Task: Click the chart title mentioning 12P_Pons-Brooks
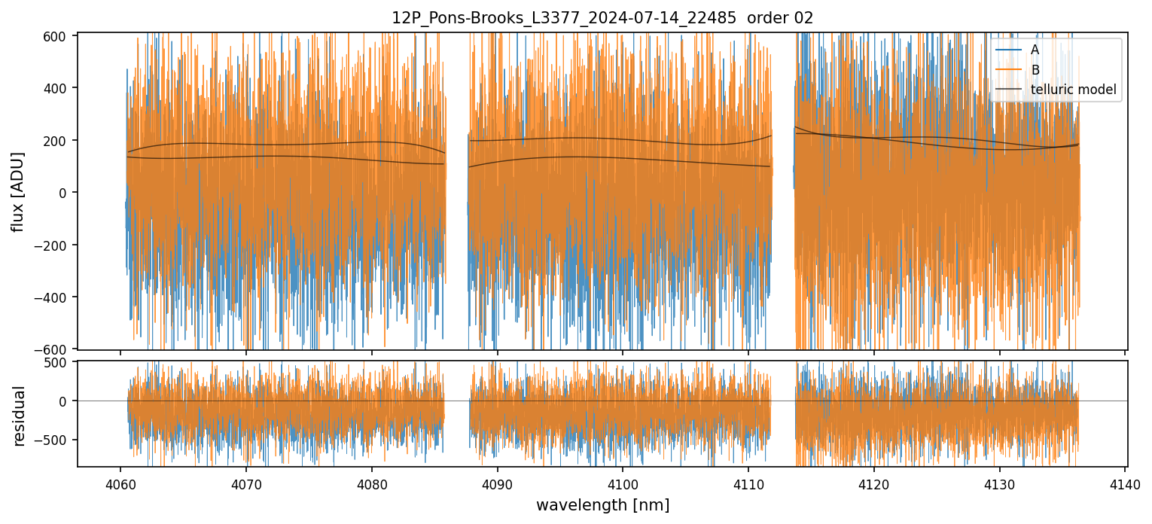click(x=602, y=18)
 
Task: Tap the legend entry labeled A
click(x=1035, y=50)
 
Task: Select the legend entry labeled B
click(x=1035, y=70)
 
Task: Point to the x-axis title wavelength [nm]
click(x=602, y=504)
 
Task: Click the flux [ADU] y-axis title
click(x=18, y=191)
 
